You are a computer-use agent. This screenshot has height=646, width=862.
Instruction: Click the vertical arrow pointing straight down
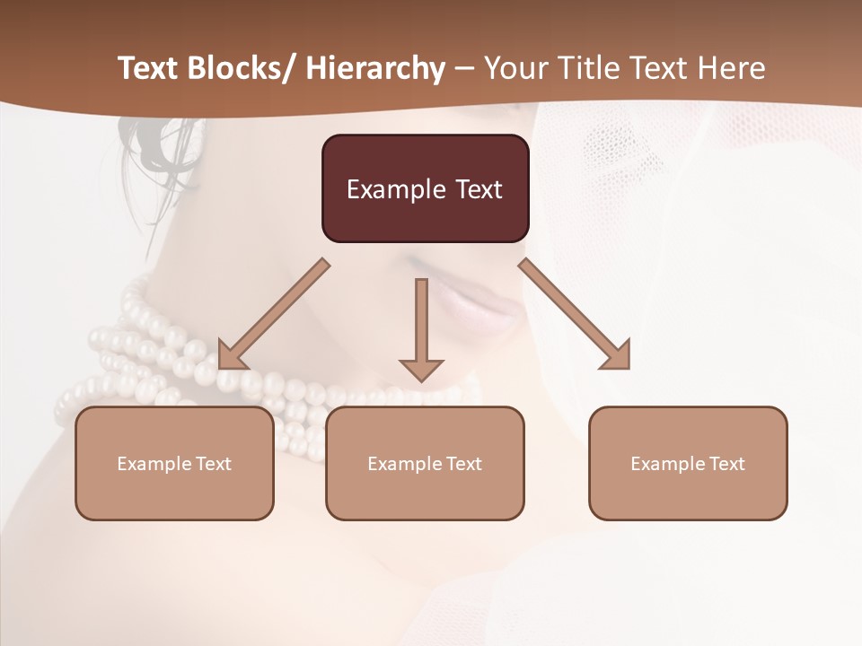click(421, 328)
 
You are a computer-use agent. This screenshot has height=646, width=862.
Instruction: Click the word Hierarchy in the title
click(375, 68)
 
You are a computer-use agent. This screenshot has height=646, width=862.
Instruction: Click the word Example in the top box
click(396, 189)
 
